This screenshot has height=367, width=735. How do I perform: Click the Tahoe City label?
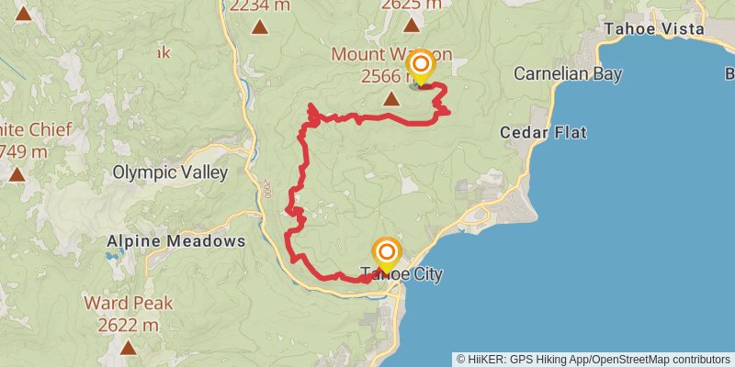pyautogui.click(x=401, y=274)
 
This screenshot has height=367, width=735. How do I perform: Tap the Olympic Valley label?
pyautogui.click(x=170, y=172)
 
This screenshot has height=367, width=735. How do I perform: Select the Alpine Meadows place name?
pyautogui.click(x=175, y=241)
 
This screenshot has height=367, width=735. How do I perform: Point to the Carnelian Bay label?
pyautogui.click(x=568, y=72)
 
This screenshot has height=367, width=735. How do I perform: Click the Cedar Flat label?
pyautogui.click(x=543, y=133)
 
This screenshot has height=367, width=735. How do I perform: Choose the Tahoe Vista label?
pyautogui.click(x=653, y=29)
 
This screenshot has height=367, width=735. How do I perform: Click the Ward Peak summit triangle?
pyautogui.click(x=127, y=347)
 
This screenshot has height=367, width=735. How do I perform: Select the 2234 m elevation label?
pyautogui.click(x=261, y=6)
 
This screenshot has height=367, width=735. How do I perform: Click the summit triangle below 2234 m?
pyautogui.click(x=261, y=27)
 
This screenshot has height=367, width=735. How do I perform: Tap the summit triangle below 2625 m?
pyautogui.click(x=410, y=25)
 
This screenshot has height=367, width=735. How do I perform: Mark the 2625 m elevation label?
pyautogui.click(x=410, y=6)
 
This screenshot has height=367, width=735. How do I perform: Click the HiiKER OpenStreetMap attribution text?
pyautogui.click(x=594, y=359)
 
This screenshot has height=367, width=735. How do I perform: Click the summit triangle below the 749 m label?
pyautogui.click(x=17, y=172)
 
